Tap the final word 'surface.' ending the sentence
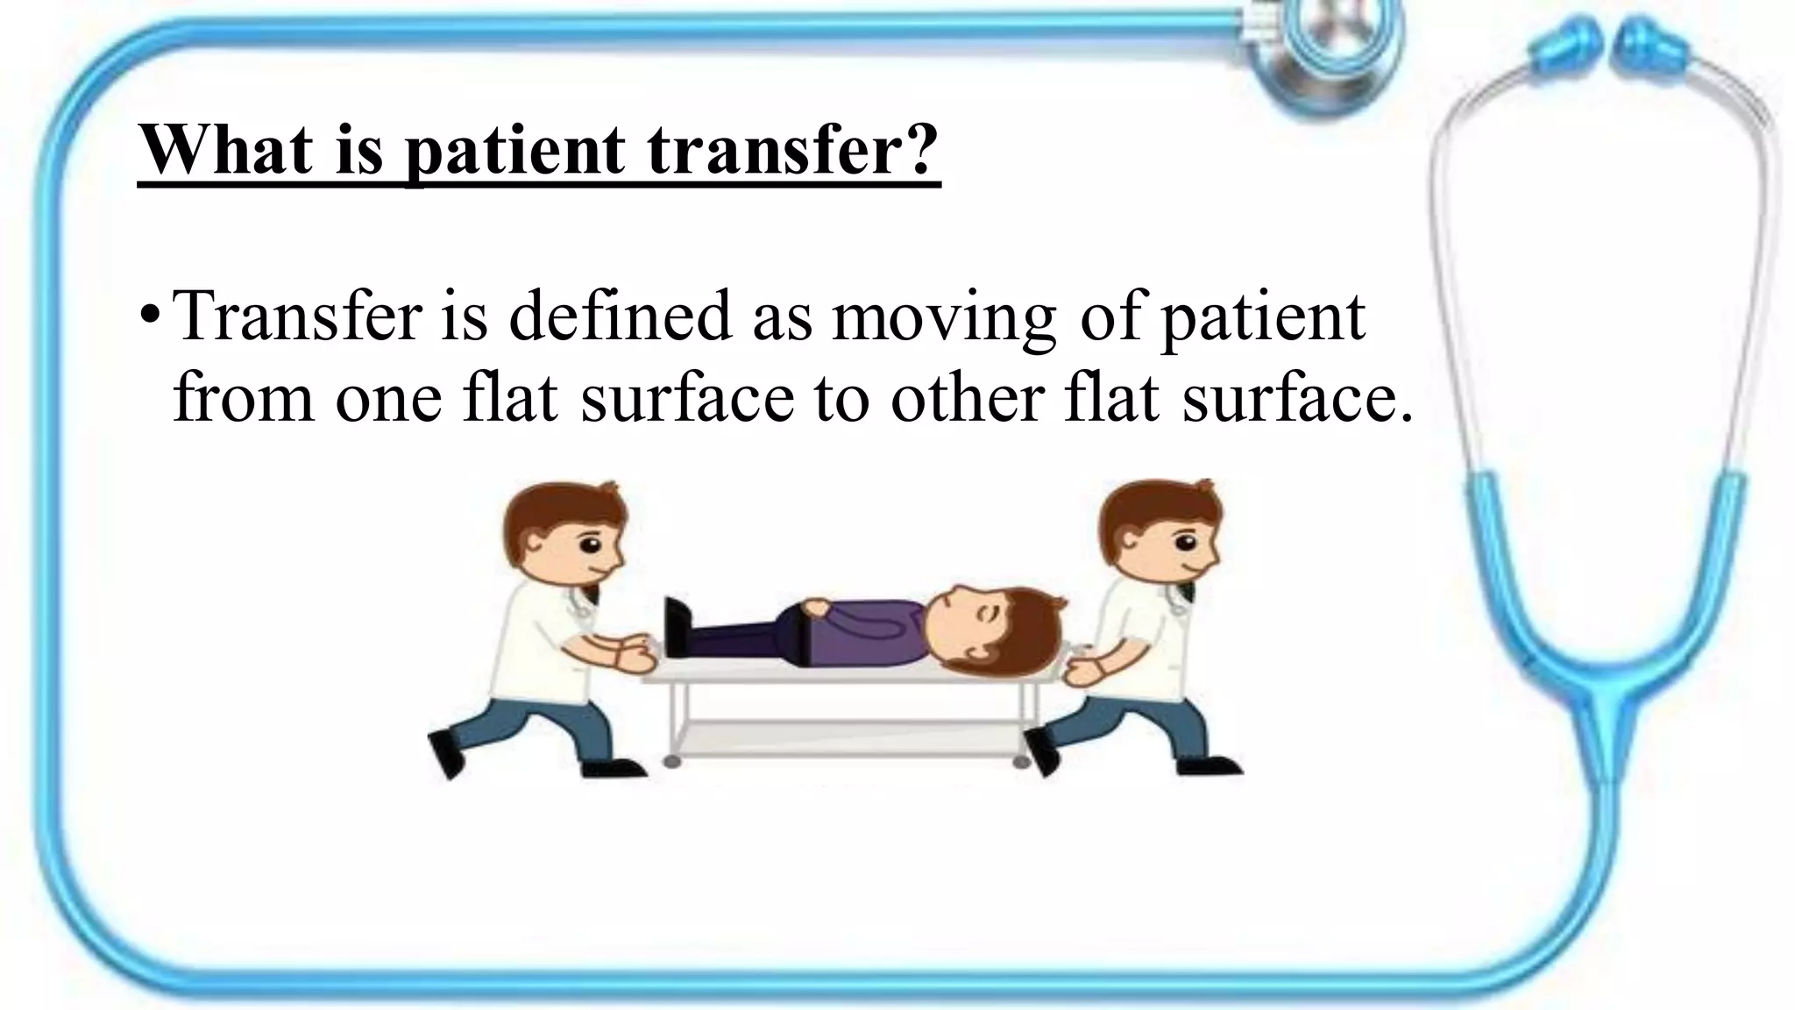[1297, 399]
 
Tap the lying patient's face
[973, 627]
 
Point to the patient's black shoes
[677, 626]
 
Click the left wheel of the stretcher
[672, 762]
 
